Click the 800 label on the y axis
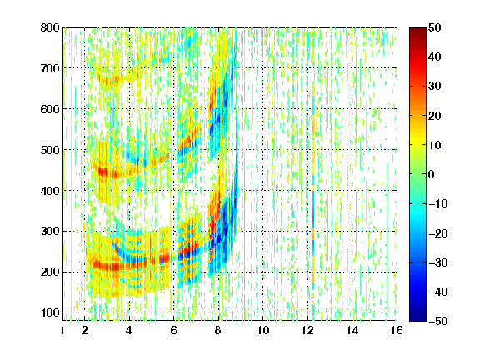(50, 27)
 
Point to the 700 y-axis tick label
(50, 68)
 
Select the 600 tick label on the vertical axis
(50, 109)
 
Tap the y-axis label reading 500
(50, 150)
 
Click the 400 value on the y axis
(50, 191)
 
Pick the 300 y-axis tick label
(50, 231)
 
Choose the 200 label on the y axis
(50, 272)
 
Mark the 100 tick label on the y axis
(50, 312)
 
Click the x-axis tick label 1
(62, 330)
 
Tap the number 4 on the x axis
(129, 330)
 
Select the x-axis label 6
(173, 330)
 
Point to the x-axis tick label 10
(263, 330)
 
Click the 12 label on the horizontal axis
(307, 330)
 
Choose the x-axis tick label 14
(352, 330)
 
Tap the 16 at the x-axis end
(397, 330)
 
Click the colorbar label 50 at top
(435, 27)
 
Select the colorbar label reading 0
(432, 174)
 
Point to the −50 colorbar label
(438, 321)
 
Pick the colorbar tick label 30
(435, 86)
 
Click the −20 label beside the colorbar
(438, 233)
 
